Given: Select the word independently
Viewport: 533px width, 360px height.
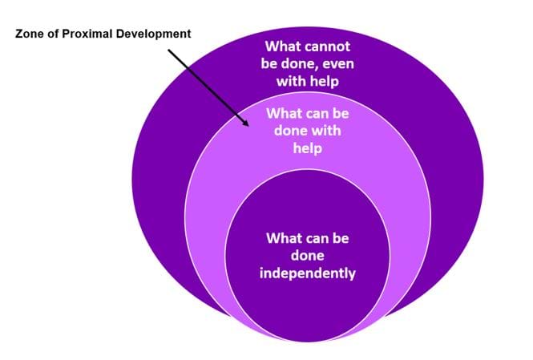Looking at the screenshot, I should [307, 273].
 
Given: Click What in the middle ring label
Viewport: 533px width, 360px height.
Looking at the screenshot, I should [284, 114].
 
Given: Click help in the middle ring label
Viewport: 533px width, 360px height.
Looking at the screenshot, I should [307, 149].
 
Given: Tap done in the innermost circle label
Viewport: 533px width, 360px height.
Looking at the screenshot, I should [307, 257].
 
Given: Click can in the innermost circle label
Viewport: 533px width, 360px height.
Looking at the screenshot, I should [317, 239].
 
